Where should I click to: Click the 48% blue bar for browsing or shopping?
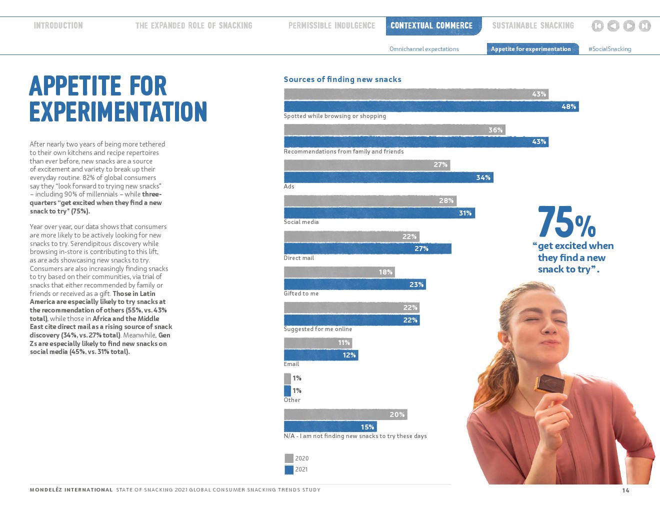(x=431, y=106)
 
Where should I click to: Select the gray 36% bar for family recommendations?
(x=394, y=130)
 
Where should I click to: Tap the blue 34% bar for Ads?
(x=388, y=177)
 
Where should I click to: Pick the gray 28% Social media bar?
(x=370, y=200)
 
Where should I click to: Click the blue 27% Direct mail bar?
(x=367, y=248)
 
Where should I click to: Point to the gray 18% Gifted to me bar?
(x=339, y=272)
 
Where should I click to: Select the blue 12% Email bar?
(x=321, y=355)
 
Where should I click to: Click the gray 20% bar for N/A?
(x=345, y=414)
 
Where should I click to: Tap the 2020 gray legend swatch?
(x=289, y=458)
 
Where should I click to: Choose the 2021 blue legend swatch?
(x=289, y=469)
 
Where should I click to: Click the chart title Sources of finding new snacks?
(x=342, y=79)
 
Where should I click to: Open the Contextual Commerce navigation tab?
(x=431, y=25)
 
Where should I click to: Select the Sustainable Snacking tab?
(x=533, y=25)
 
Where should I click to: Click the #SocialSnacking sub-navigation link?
(x=609, y=49)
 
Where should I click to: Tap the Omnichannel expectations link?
(x=424, y=49)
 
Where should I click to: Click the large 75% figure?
(x=566, y=222)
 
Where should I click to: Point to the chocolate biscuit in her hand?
(x=549, y=383)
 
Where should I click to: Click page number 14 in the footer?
(x=625, y=490)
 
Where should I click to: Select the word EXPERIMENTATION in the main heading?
(x=118, y=111)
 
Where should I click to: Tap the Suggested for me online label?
(x=318, y=329)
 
